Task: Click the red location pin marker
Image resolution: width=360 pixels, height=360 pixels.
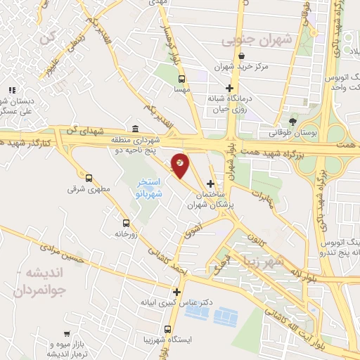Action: pos(180,165)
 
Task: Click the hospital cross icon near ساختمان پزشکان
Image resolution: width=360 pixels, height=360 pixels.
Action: pos(210,184)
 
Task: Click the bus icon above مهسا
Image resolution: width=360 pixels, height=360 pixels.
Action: pos(182,79)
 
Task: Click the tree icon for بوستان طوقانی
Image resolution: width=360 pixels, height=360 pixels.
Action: pos(292,122)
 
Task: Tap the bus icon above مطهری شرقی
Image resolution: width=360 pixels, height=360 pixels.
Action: pos(89,177)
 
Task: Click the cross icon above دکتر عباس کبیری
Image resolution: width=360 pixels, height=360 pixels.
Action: pos(176,292)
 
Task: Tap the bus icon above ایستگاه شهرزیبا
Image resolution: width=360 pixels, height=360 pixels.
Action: pos(167,328)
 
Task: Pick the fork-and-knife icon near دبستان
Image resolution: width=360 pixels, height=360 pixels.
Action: pos(11,90)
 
